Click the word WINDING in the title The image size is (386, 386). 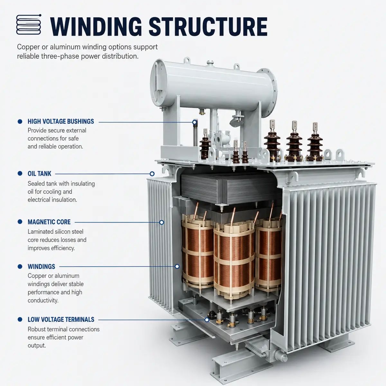96,27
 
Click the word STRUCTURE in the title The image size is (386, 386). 208,27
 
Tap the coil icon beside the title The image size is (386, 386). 29,24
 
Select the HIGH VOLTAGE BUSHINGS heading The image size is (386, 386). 61,121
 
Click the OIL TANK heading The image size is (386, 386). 40,174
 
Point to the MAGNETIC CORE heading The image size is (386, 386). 49,222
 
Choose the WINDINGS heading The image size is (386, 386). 41,267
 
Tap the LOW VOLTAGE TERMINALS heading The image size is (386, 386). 61,319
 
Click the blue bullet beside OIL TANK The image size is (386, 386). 20,173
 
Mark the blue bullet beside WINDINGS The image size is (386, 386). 20,266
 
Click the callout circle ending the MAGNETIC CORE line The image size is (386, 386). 162,222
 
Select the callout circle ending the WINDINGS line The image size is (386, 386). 177,266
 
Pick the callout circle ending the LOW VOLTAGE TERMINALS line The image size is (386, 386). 207,320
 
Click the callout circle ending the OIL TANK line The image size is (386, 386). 152,174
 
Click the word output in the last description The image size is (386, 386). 37,346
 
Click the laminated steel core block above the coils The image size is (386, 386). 228,188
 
